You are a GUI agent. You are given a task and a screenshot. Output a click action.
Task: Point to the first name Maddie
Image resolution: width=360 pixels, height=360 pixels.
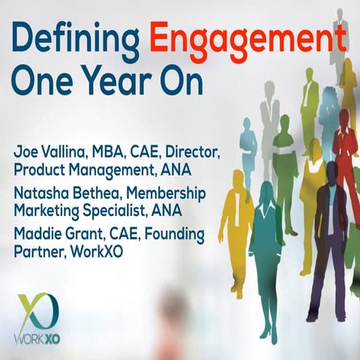pos(39,235)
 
